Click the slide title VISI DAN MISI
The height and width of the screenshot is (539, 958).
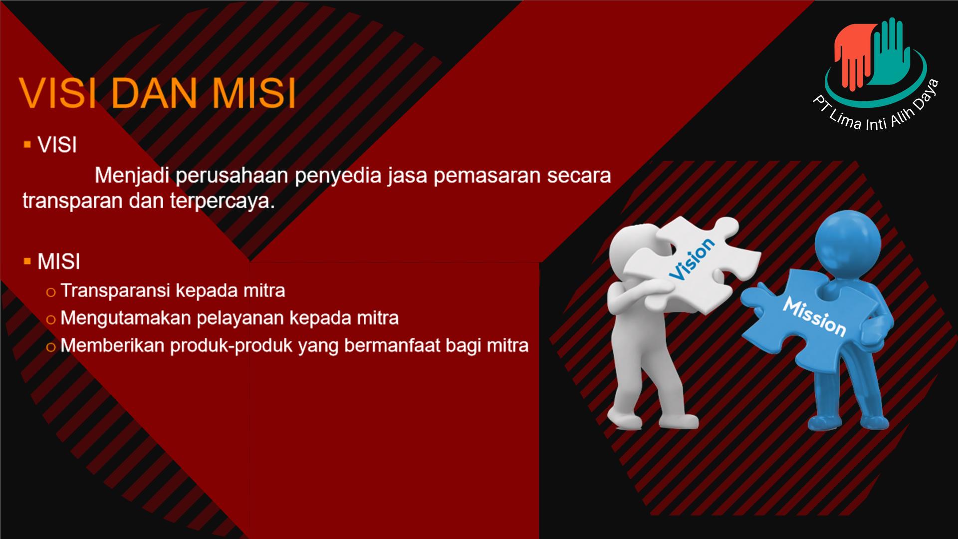[157, 93]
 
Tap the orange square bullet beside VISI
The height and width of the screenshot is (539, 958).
[27, 145]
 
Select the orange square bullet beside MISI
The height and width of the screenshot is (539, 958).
[27, 261]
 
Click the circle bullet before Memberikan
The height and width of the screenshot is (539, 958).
[50, 347]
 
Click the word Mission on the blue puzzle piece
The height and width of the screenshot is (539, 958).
[814, 316]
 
